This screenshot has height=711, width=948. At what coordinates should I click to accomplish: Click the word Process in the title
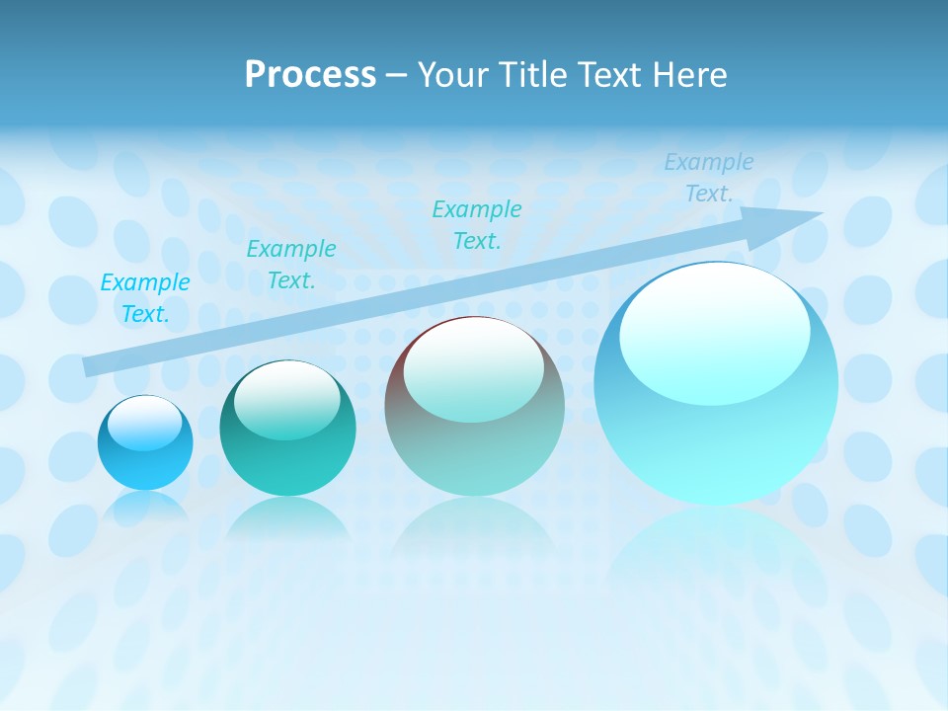point(310,75)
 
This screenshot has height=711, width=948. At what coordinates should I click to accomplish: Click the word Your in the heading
point(455,75)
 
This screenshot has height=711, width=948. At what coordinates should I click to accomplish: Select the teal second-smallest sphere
point(287,429)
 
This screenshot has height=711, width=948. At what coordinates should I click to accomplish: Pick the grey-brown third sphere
point(474,406)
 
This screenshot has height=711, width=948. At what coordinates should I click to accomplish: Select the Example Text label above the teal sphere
point(290,265)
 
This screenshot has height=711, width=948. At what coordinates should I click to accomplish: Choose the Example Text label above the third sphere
point(476,224)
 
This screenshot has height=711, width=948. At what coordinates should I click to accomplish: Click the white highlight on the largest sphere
point(714,331)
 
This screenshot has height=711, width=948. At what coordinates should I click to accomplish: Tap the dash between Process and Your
point(397,75)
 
